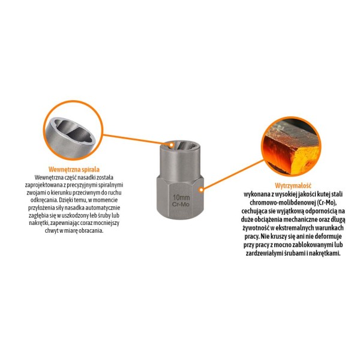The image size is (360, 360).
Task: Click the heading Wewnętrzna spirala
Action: pos(74,169)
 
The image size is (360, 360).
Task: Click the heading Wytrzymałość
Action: pos(293,185)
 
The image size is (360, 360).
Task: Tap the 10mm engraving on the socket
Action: pos(181,197)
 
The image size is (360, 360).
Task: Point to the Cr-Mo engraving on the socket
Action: pos(181,205)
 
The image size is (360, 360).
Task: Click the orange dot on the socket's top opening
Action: pos(171,145)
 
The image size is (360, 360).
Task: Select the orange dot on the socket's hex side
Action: pos(201,190)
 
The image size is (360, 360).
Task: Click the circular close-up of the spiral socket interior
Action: pos(73,130)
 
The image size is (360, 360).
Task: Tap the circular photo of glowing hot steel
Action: pos(292,146)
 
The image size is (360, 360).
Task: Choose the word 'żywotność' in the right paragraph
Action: pos(254,228)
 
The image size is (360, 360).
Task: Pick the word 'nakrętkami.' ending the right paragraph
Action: pos(325,253)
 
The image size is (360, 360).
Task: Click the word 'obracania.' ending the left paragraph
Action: pos(91,231)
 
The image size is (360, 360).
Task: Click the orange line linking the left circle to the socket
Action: pos(137,139)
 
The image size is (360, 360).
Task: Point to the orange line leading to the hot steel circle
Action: pos(232,175)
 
